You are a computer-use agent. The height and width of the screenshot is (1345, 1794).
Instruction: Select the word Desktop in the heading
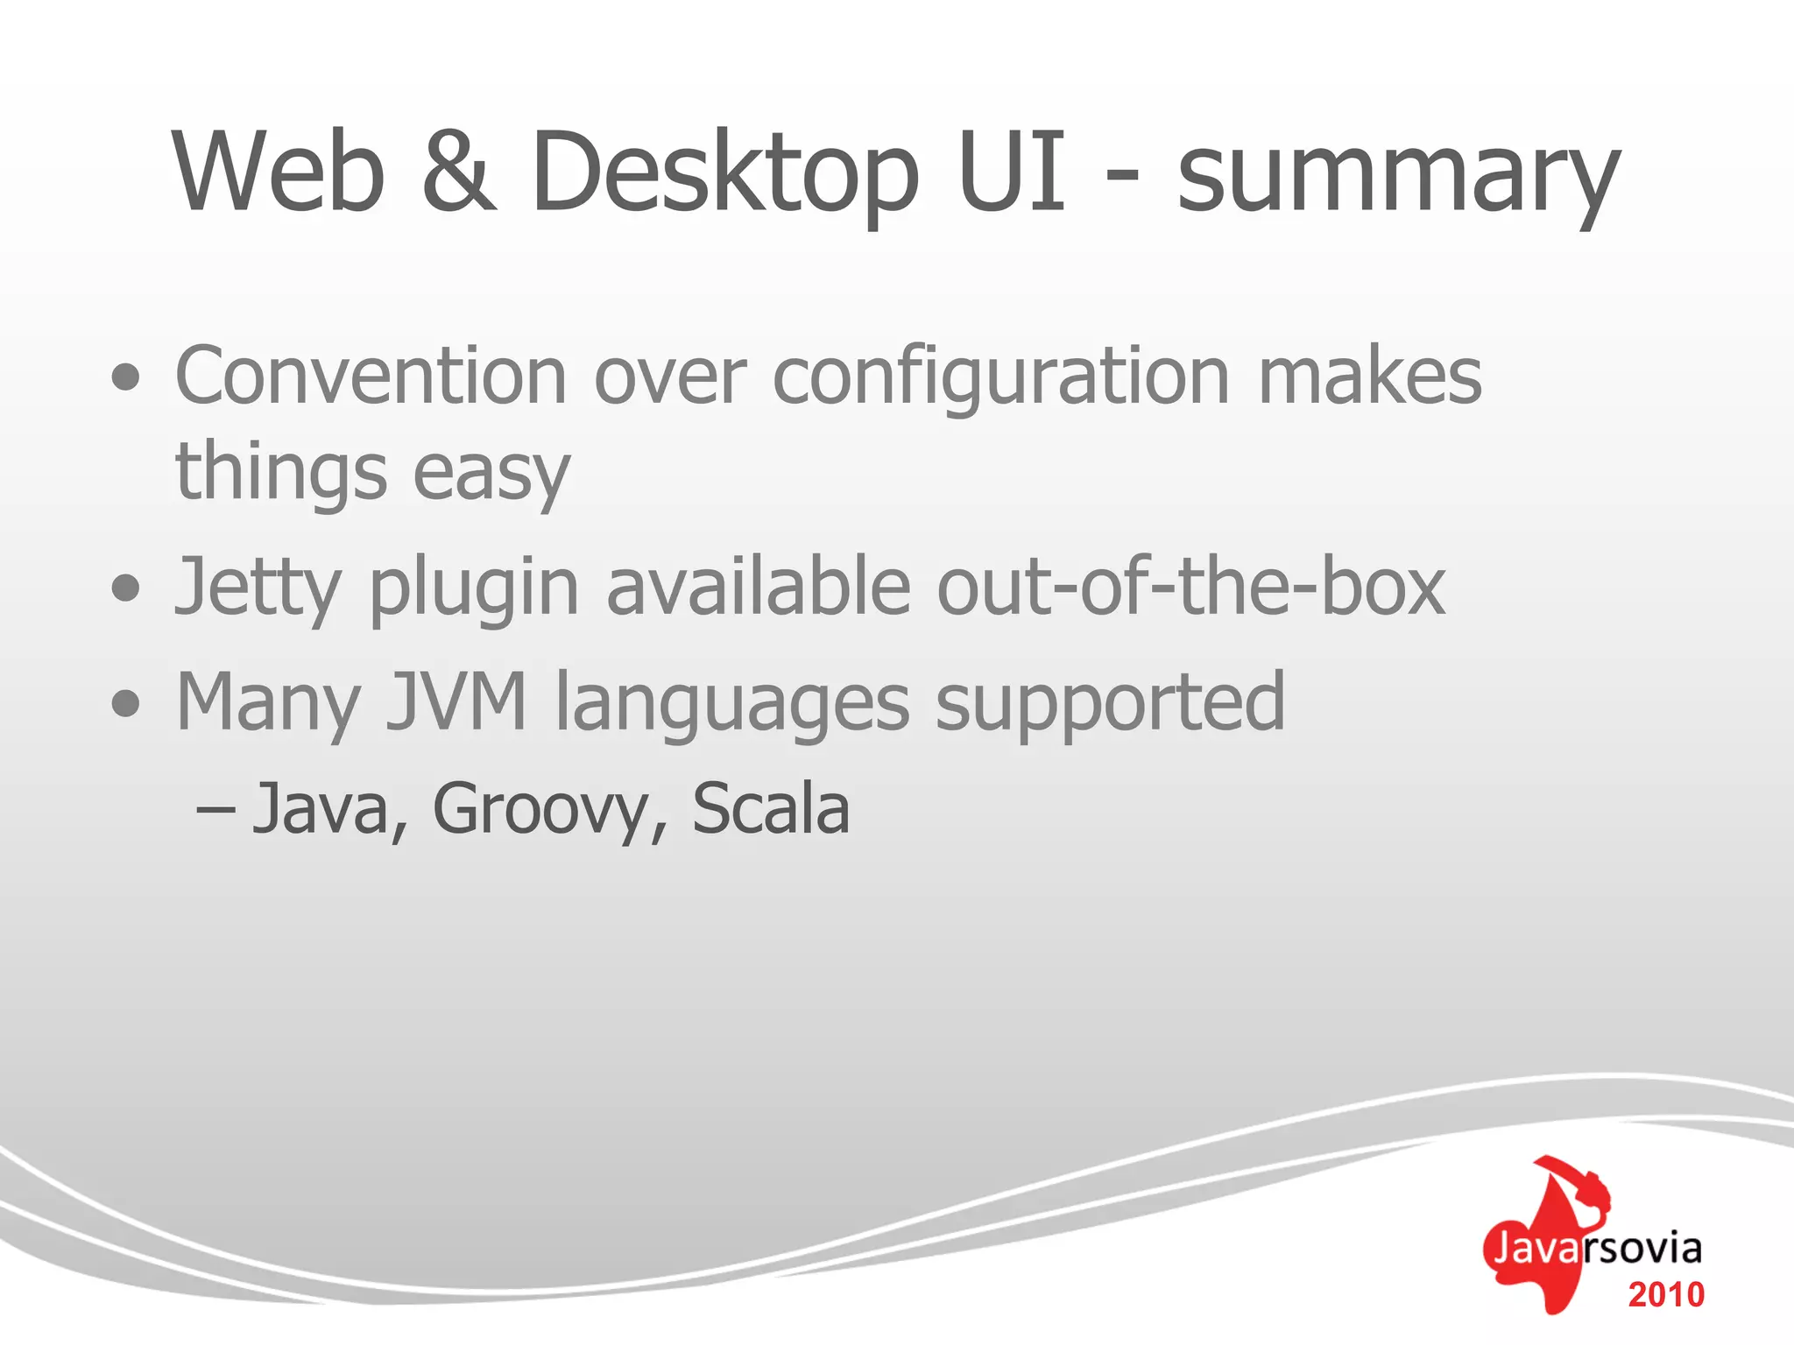click(725, 173)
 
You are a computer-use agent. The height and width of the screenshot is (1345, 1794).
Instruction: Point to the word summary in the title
click(1398, 180)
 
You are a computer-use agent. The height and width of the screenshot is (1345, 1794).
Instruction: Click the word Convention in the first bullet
click(371, 376)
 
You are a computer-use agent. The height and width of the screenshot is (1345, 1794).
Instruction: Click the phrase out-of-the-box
click(1190, 586)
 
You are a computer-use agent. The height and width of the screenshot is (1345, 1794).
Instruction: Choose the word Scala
click(771, 807)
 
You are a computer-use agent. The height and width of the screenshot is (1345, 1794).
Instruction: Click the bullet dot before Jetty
click(126, 588)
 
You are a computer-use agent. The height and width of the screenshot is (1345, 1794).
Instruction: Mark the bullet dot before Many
click(126, 702)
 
